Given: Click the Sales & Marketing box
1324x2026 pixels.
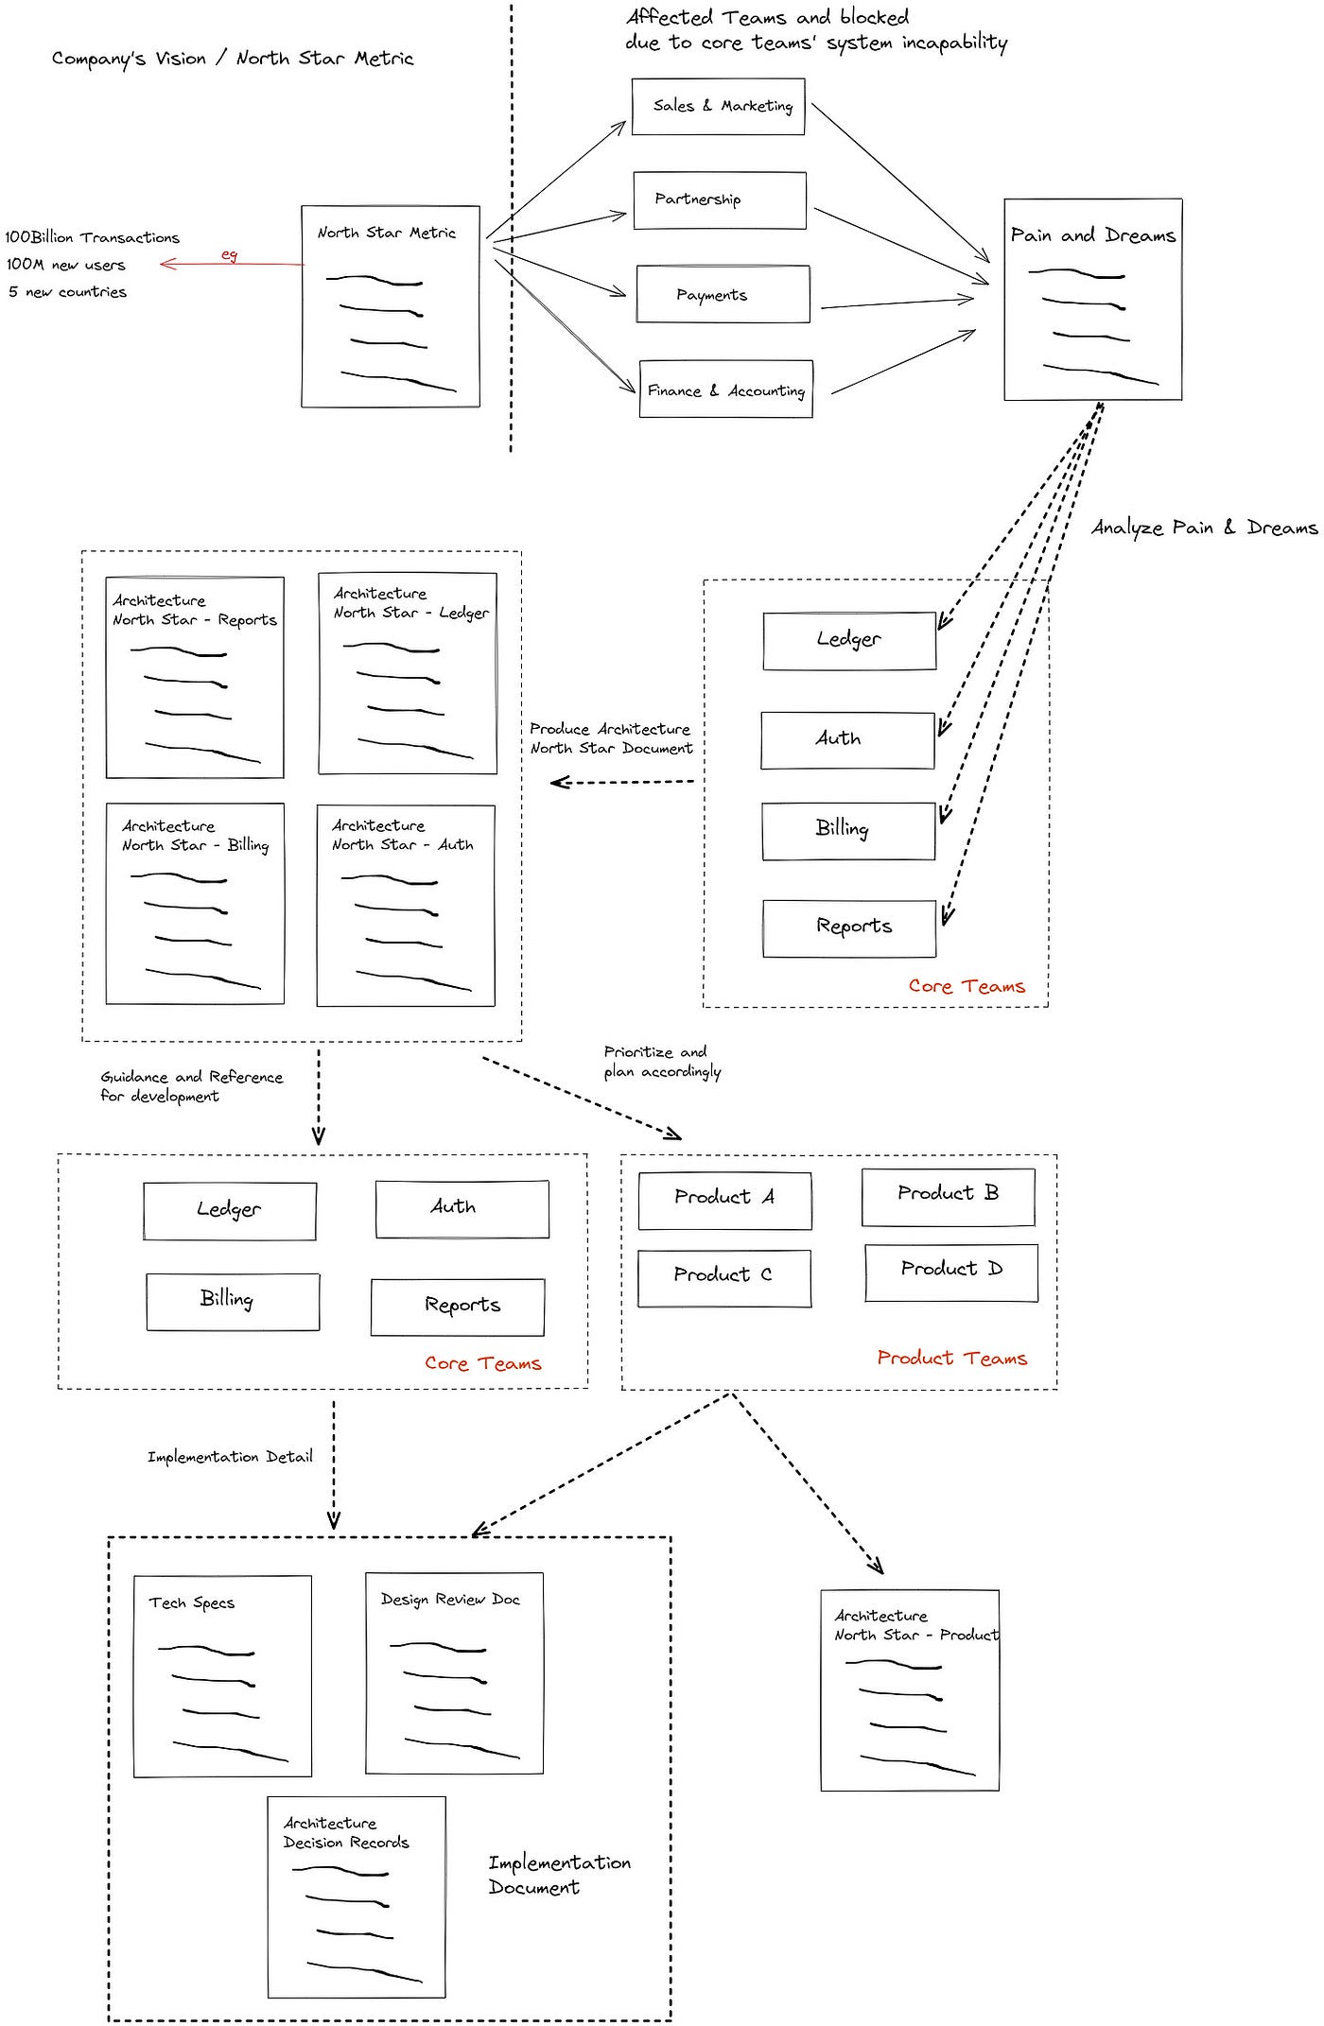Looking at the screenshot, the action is [719, 107].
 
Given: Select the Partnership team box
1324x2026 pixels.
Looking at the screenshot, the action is [720, 200].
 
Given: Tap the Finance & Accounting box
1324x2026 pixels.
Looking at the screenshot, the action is [726, 389].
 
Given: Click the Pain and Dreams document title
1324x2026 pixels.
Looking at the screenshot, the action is [1093, 235].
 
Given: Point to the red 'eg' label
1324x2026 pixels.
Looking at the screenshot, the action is [229, 254].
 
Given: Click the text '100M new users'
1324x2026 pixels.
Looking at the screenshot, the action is [65, 265].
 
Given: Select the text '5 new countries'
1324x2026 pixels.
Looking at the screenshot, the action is [67, 292].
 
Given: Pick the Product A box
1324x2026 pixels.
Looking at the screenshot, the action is [725, 1201].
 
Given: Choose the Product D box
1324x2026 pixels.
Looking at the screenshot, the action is [951, 1273].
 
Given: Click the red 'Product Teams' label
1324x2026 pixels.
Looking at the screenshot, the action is [951, 1359].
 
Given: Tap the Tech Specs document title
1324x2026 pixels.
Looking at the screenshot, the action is [192, 1602].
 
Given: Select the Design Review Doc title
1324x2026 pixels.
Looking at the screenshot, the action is [450, 1599].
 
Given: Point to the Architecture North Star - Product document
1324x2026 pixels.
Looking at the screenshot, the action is [910, 1690].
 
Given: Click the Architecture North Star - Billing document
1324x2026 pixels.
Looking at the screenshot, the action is [195, 904].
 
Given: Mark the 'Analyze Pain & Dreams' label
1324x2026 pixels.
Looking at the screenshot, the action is [1204, 528].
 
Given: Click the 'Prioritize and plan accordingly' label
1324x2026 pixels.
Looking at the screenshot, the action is [662, 1062].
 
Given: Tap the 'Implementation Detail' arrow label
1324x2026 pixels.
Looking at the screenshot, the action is [230, 1457].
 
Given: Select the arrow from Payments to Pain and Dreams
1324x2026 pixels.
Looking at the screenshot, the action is [897, 303].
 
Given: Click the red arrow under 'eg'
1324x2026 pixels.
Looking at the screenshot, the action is [232, 264].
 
